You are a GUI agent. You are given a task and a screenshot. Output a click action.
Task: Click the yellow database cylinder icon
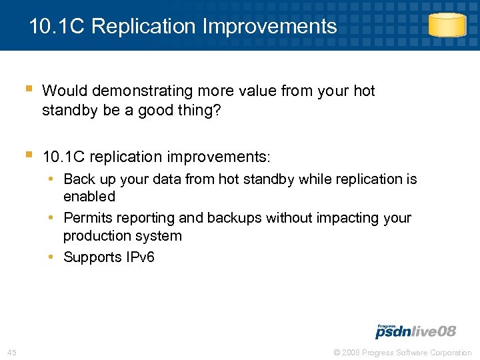pos(447,25)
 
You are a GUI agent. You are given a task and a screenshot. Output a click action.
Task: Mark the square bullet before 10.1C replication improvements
pos(28,155)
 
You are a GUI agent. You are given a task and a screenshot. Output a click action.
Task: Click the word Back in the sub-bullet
pos(79,179)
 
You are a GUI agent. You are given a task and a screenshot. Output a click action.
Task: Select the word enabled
pos(89,197)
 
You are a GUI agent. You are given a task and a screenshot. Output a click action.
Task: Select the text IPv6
pos(139,257)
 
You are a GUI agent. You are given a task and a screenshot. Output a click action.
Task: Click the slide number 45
pos(11,352)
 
